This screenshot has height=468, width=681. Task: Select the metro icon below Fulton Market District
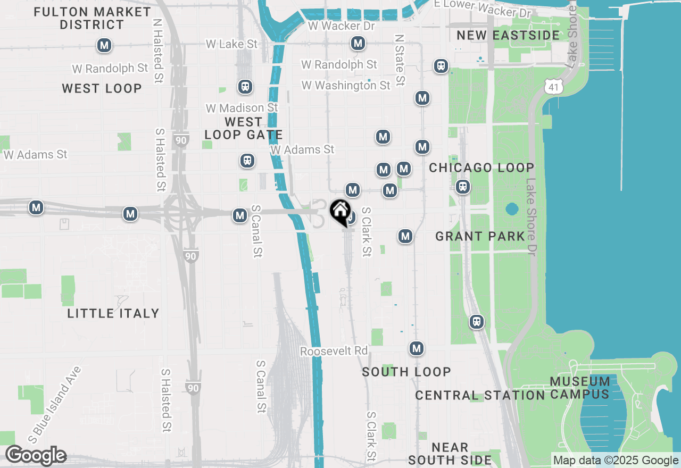[104, 46]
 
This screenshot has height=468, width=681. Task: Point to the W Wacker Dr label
[341, 26]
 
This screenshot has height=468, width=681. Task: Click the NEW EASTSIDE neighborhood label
[509, 36]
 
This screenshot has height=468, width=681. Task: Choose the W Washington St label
[346, 85]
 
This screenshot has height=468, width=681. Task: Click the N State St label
[400, 60]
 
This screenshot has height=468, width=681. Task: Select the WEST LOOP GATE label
[243, 128]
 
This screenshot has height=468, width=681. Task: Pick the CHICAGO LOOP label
[481, 168]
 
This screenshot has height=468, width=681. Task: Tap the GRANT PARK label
[480, 236]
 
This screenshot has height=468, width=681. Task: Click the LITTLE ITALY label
[113, 313]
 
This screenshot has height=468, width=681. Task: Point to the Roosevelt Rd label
[334, 352]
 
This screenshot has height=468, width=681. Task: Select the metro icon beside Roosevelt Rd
[417, 349]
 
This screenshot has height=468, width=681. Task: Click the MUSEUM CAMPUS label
[580, 388]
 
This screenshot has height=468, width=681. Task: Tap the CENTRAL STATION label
[480, 395]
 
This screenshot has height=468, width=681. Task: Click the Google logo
[36, 455]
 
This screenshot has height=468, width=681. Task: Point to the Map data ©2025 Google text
[616, 461]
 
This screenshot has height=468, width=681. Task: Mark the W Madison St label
[242, 108]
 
